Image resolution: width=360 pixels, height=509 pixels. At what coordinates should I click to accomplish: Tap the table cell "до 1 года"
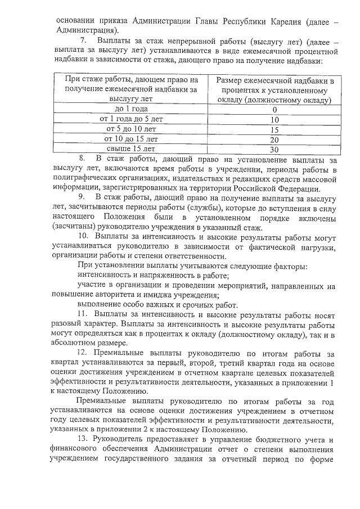pyautogui.click(x=131, y=109)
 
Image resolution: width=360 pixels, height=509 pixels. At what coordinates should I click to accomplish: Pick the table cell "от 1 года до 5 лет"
pyautogui.click(x=131, y=119)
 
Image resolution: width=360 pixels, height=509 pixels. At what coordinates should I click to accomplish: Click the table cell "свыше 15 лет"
pyautogui.click(x=131, y=149)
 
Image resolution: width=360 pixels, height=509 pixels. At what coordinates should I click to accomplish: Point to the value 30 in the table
pyautogui.click(x=274, y=150)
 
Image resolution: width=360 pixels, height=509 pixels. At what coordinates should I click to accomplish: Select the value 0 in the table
pyautogui.click(x=274, y=110)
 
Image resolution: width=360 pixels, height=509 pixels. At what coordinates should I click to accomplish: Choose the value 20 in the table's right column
pyautogui.click(x=274, y=139)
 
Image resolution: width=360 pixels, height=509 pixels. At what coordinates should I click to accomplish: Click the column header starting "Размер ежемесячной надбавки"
pyautogui.click(x=274, y=90)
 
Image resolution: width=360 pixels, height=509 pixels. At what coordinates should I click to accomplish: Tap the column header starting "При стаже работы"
pyautogui.click(x=131, y=90)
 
